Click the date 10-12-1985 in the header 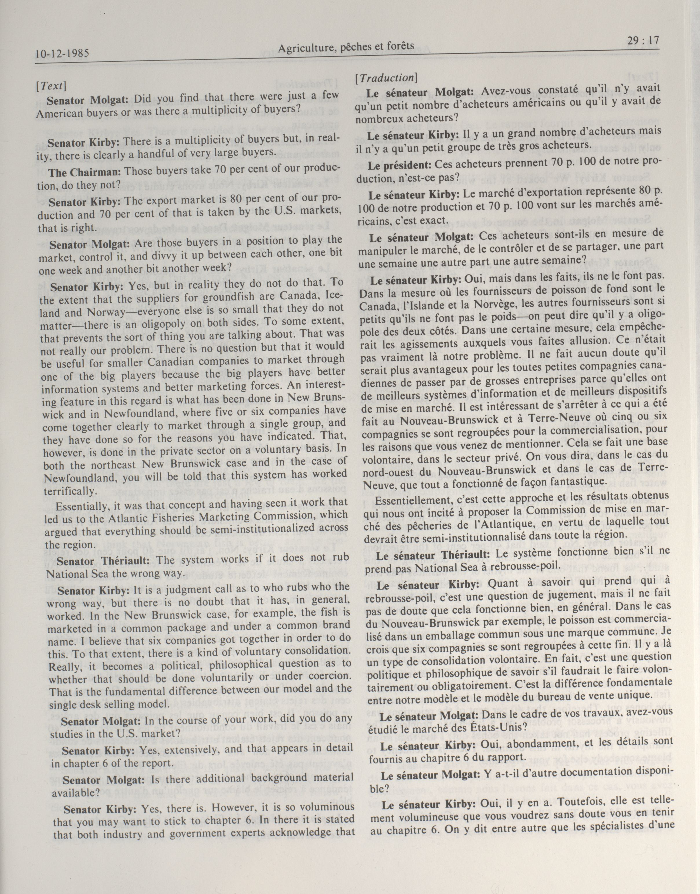tap(62, 54)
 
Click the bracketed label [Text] tap(51, 86)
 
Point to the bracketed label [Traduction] tap(386, 78)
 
